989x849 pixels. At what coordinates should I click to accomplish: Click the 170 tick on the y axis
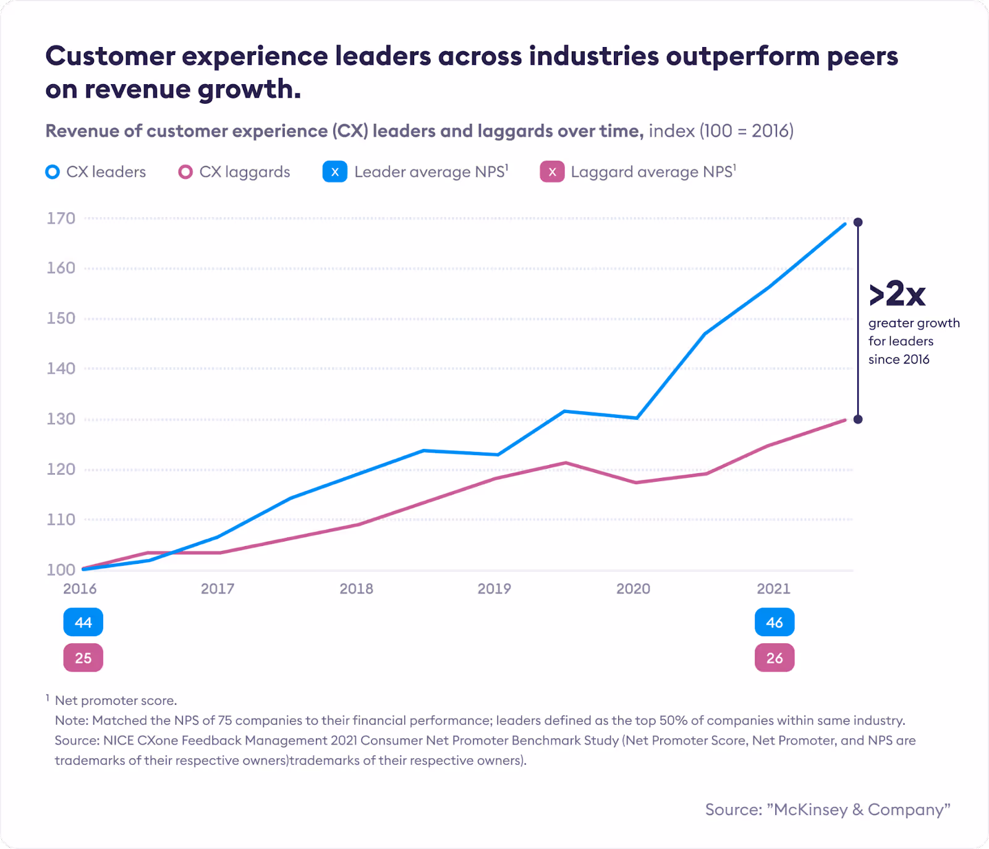coord(61,218)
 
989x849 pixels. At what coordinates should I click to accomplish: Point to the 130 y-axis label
coord(61,419)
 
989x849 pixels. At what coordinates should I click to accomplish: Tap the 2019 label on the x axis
coord(494,589)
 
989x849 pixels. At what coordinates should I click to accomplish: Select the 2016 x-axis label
coord(80,589)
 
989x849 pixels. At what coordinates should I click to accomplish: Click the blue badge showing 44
coord(83,622)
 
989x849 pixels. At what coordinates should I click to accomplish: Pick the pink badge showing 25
coord(83,658)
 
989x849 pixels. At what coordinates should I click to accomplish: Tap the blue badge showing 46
coord(774,622)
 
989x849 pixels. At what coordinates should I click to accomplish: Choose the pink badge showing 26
coord(774,658)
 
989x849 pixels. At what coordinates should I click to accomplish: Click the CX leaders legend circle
coord(53,172)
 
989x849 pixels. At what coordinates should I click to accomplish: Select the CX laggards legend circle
coord(185,172)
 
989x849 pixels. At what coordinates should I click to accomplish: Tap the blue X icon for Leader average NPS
coord(334,172)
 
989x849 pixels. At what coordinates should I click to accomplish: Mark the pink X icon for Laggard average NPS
coord(552,172)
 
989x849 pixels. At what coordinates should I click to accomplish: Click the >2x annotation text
coord(897,294)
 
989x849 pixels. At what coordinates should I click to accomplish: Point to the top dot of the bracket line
coord(858,222)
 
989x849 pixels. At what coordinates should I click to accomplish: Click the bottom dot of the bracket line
coord(858,419)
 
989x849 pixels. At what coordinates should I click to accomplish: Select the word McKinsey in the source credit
coord(810,809)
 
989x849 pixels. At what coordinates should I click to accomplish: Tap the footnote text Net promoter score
coord(116,701)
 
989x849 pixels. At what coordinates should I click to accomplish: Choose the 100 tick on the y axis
coord(61,570)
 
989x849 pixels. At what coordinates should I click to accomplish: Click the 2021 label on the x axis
coord(773,589)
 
